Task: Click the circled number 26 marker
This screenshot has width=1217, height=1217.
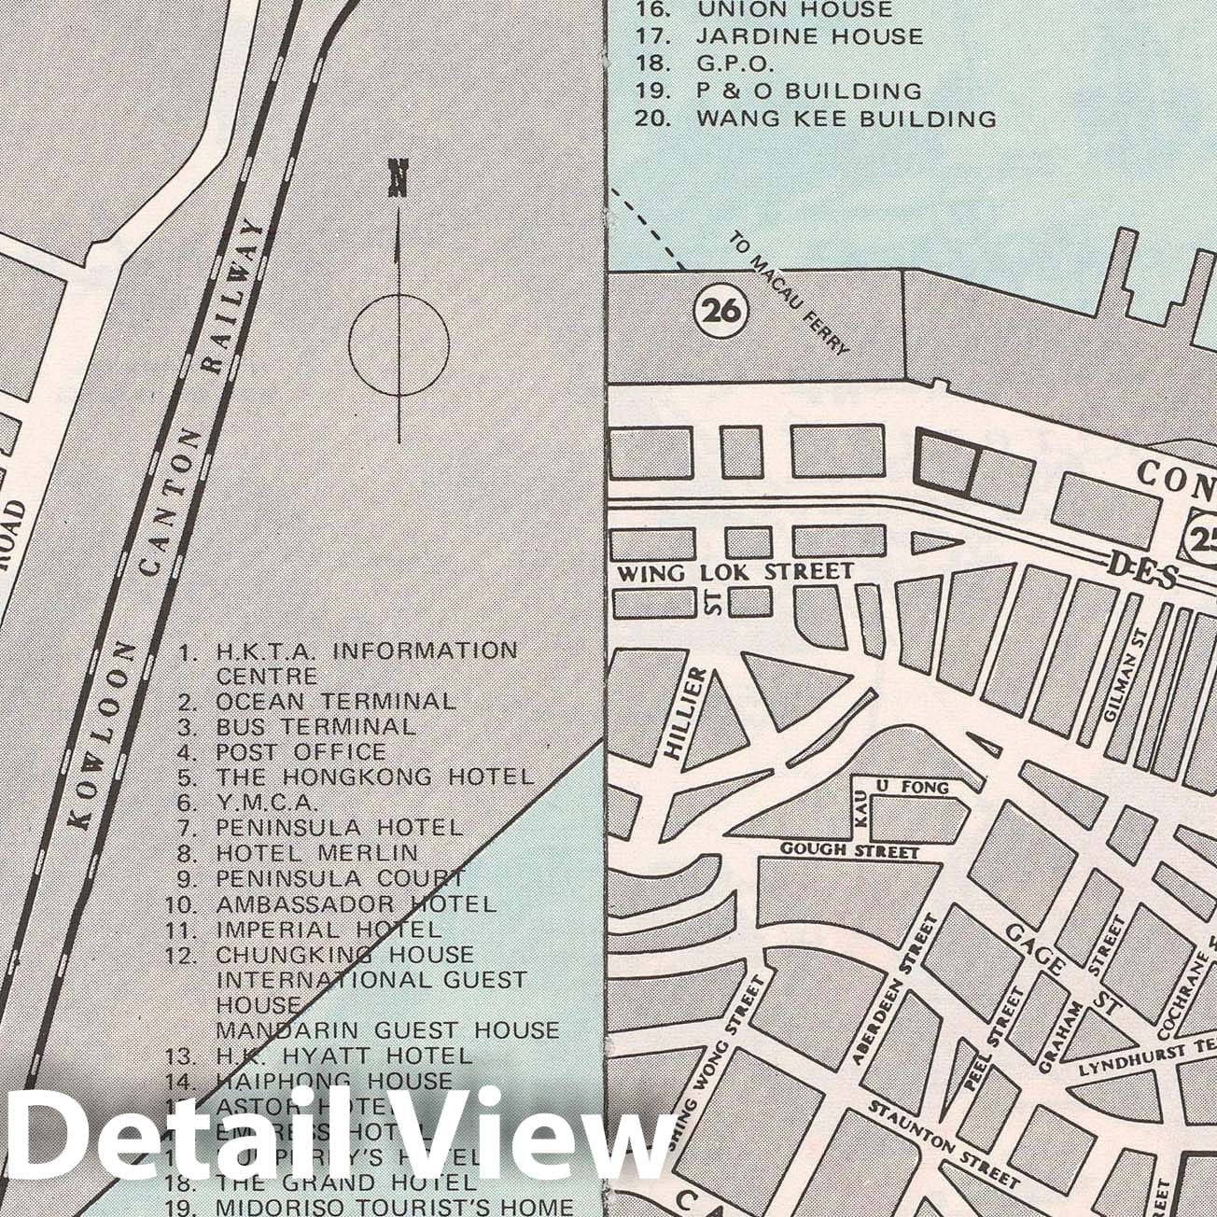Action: (721, 312)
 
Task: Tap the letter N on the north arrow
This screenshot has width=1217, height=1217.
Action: (399, 178)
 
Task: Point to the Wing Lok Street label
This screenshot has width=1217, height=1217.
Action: (734, 571)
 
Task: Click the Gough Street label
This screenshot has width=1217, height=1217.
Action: (849, 850)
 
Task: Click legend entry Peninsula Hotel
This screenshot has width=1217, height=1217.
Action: (338, 827)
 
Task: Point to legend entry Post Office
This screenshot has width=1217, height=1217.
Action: (300, 751)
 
